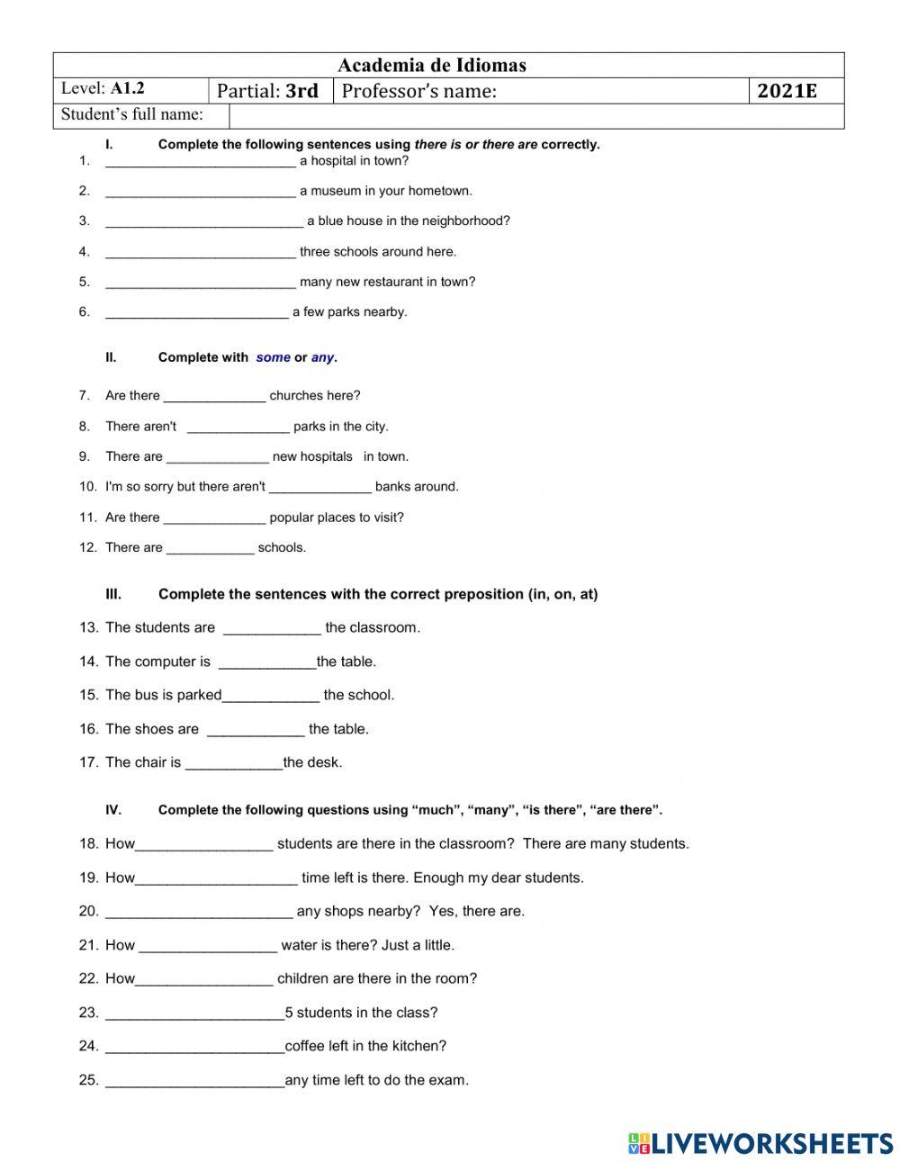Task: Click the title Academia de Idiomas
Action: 432,65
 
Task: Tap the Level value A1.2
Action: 127,89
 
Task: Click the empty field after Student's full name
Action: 535,116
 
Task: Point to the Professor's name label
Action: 418,91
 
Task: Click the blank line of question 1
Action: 200,162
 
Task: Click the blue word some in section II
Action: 273,357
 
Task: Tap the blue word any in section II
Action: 322,357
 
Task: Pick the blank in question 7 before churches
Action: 214,396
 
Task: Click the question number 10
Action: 87,487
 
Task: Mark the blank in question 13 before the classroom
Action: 272,628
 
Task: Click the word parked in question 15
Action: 199,695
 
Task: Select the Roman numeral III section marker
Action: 113,594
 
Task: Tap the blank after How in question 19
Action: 216,878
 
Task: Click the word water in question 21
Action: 299,945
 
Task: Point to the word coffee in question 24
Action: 306,1046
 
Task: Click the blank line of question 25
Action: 194,1081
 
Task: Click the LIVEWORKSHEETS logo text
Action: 772,1143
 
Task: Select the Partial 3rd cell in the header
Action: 268,91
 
